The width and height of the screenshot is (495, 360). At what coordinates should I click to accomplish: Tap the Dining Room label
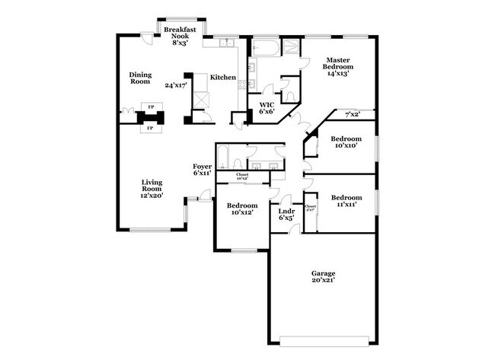[139, 78]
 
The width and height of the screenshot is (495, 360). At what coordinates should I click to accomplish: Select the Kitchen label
[223, 77]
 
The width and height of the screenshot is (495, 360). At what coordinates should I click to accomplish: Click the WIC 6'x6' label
[267, 108]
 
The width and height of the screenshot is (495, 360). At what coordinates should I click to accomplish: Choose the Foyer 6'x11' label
[202, 170]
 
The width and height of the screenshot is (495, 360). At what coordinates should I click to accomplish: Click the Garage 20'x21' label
[323, 277]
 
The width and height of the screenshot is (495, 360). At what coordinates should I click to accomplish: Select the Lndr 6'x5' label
[286, 214]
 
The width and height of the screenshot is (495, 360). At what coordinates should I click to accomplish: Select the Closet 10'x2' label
[242, 177]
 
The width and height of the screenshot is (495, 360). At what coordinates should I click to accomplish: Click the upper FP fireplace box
[151, 107]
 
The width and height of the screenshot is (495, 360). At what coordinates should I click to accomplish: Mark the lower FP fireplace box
[149, 128]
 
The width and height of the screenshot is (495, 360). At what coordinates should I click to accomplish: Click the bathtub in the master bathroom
[267, 49]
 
